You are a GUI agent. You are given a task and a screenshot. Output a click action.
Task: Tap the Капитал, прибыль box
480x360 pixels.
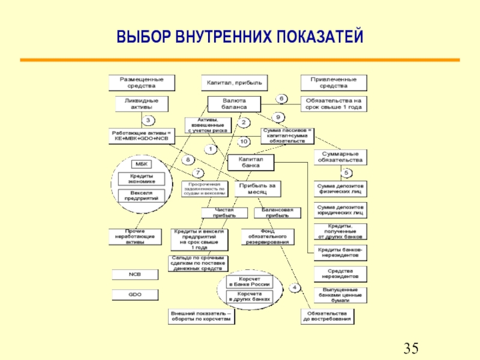[235, 82]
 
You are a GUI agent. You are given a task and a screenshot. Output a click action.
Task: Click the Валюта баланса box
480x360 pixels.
[235, 103]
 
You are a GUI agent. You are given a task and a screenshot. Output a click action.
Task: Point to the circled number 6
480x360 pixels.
[281, 98]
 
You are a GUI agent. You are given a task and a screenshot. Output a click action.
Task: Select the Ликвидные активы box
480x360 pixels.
[137, 103]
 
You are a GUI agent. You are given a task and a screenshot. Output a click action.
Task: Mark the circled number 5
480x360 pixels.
[346, 173]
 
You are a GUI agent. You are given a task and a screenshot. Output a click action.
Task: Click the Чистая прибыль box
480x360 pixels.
[223, 212]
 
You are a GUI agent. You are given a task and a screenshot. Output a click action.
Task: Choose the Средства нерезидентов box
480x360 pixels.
[341, 274]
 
